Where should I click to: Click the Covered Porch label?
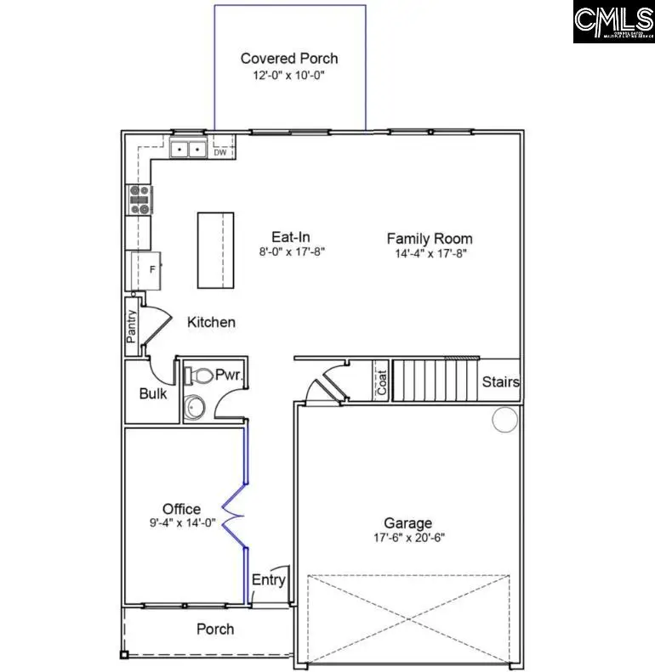[x=289, y=59]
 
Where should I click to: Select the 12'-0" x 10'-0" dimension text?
[x=289, y=75]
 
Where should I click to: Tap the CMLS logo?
[x=612, y=23]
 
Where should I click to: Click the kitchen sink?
[x=188, y=150]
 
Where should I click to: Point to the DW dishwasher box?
[x=220, y=152]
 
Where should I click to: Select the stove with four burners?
[x=139, y=200]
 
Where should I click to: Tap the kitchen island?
[x=215, y=250]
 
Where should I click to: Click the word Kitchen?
[x=211, y=323]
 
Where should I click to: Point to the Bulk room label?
[x=153, y=393]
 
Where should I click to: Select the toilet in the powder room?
[x=202, y=375]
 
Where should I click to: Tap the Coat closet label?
[x=382, y=381]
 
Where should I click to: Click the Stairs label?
[x=500, y=382]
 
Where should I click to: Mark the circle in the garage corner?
[x=505, y=419]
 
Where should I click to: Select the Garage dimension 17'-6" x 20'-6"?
[x=407, y=538]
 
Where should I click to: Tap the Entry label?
[x=269, y=580]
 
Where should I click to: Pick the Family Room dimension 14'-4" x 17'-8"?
[x=430, y=252]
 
